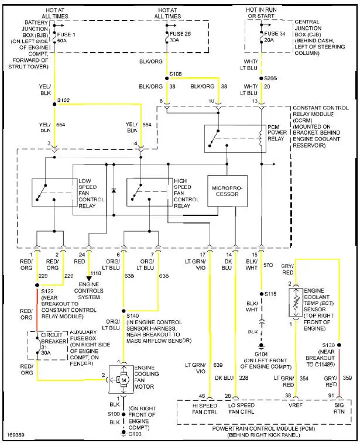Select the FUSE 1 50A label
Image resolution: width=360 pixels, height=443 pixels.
click(x=61, y=37)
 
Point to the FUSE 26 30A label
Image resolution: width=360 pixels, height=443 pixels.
click(x=176, y=37)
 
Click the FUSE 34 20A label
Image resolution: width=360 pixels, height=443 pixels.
click(x=269, y=37)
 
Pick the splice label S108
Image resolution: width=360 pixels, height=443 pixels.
click(x=176, y=74)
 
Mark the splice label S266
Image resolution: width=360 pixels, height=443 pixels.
click(x=270, y=78)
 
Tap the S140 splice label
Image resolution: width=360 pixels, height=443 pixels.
click(x=133, y=315)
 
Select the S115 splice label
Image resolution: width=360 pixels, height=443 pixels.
click(x=270, y=293)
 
